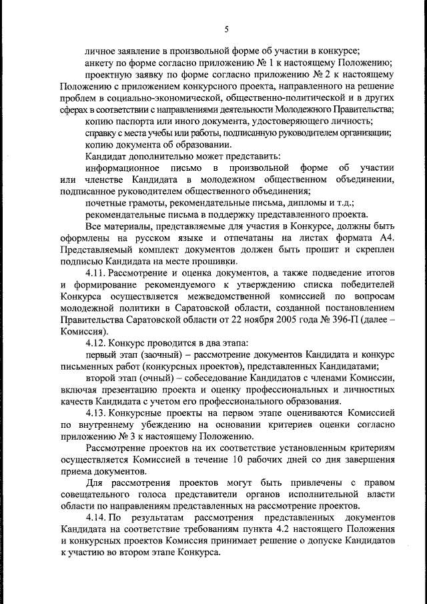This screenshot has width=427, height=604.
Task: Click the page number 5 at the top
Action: click(x=226, y=29)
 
